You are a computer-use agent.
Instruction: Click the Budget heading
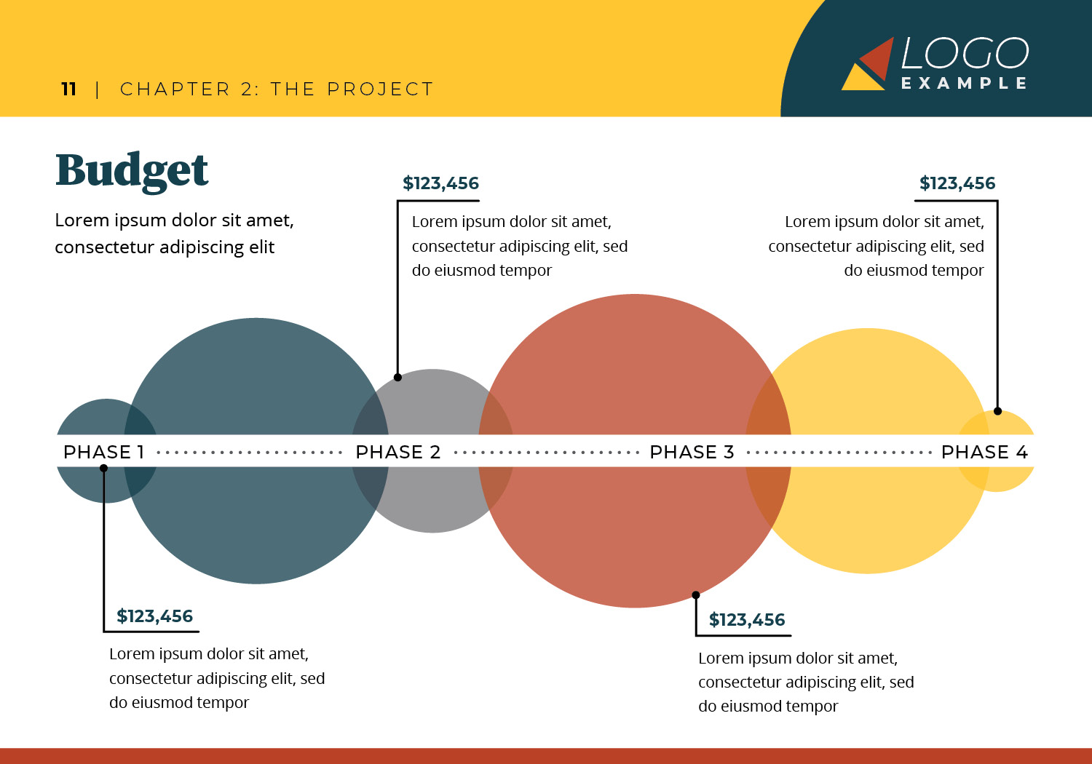132,172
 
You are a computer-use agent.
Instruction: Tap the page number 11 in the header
68,89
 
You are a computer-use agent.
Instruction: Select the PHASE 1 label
103,452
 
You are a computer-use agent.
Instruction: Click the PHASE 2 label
397,452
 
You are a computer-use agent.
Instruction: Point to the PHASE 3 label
692,452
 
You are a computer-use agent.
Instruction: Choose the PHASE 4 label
984,452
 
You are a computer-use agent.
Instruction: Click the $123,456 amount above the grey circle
440,183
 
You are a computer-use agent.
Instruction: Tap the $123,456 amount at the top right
957,183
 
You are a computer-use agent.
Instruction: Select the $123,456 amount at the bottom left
154,616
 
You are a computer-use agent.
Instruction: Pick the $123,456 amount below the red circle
747,620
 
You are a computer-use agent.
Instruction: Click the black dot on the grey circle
397,377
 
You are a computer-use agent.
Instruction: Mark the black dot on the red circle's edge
696,595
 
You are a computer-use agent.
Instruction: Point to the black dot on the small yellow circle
997,411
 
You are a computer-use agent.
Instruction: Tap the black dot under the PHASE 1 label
103,469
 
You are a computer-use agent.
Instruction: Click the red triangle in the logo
878,58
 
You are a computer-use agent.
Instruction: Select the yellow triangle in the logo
862,79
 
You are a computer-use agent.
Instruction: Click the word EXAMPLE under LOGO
965,84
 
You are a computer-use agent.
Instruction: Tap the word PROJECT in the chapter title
380,89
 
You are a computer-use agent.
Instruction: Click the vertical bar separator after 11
98,89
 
